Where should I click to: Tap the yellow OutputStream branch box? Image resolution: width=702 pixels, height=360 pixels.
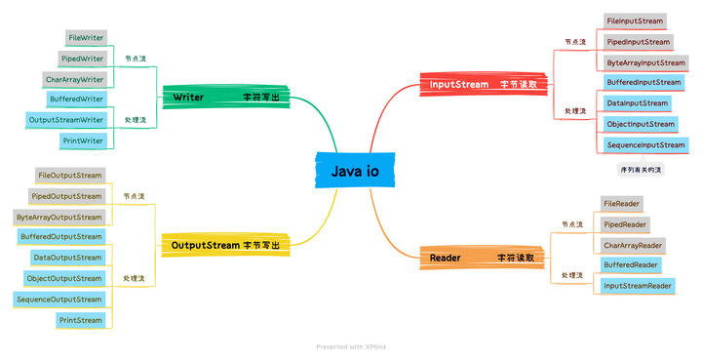click(225, 245)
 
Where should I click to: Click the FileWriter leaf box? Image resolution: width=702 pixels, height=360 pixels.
click(86, 37)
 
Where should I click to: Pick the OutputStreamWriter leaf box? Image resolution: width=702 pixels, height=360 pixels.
click(66, 120)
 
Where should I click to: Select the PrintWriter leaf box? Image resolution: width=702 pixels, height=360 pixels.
click(82, 141)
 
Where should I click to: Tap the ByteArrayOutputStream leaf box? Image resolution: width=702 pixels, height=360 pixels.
click(58, 218)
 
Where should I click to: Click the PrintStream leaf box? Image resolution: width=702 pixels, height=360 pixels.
click(80, 320)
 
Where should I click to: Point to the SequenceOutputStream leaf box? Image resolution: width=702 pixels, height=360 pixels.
click(59, 300)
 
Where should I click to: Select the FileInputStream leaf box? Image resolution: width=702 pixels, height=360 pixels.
click(635, 20)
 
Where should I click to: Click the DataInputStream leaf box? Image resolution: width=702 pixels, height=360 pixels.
click(637, 103)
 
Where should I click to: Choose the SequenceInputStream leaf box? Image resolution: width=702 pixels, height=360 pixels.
click(644, 145)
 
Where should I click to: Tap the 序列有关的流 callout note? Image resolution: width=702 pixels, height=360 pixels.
click(641, 170)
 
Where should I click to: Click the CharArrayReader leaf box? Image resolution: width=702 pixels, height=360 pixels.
click(633, 246)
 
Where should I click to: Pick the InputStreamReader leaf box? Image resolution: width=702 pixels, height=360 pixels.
click(637, 286)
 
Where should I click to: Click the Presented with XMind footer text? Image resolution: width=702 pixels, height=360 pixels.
click(351, 346)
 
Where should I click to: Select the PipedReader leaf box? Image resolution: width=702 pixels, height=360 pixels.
click(625, 224)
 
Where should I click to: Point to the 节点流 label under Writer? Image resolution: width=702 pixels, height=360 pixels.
click(136, 59)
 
